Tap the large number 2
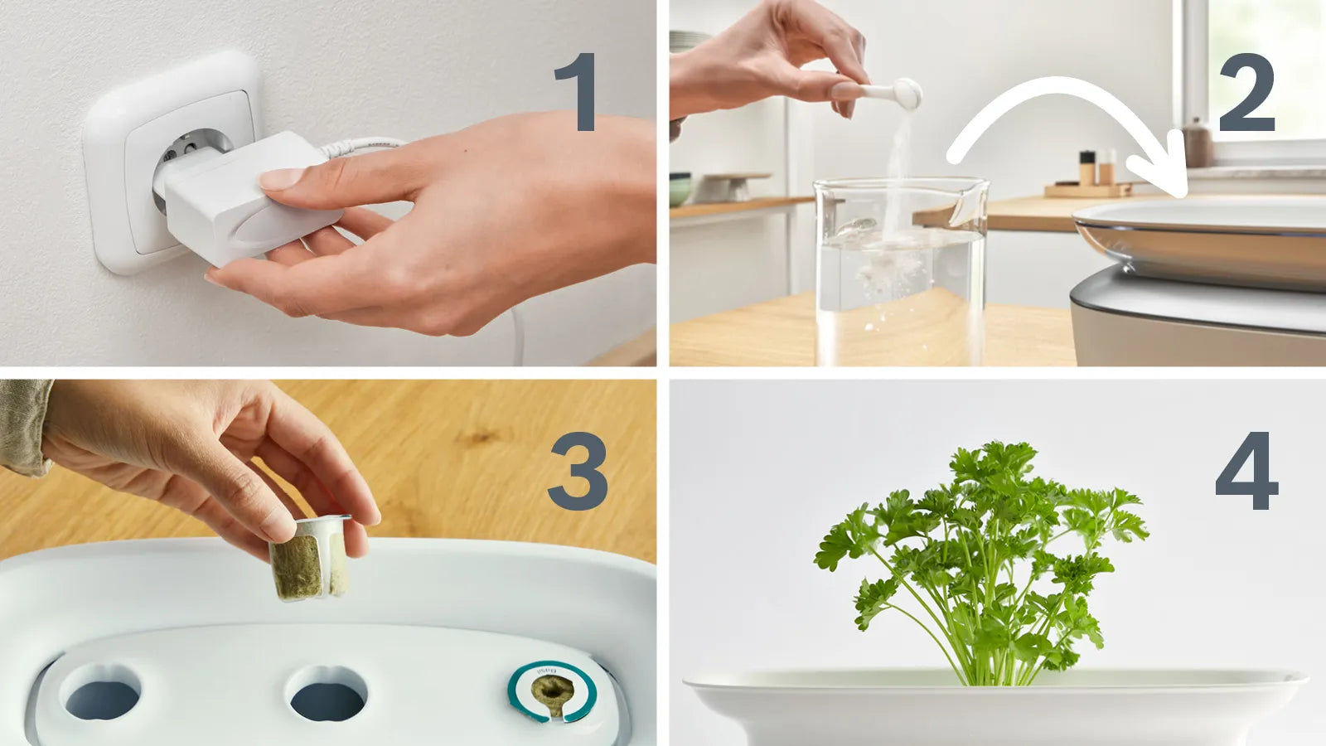click(x=1246, y=93)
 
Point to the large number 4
click(x=1246, y=471)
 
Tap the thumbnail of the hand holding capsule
click(x=277, y=526)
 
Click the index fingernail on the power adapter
click(x=282, y=178)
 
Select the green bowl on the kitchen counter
click(x=680, y=189)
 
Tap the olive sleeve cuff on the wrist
click(x=23, y=427)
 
